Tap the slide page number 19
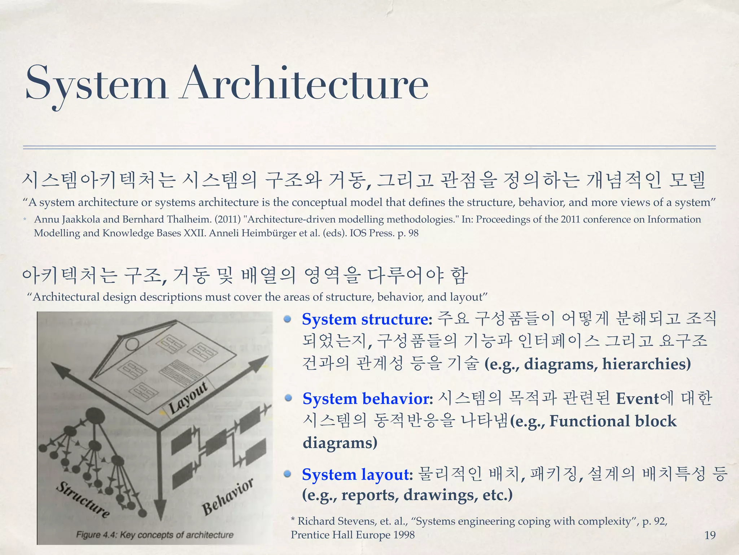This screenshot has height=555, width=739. click(710, 535)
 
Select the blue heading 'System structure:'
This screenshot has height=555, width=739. click(367, 319)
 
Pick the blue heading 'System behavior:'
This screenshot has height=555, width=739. click(368, 399)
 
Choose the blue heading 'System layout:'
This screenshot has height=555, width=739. click(357, 474)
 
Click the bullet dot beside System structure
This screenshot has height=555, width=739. click(288, 319)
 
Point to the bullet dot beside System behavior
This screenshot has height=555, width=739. click(288, 398)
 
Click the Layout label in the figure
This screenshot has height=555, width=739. click(188, 397)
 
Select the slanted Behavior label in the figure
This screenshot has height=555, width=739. click(228, 496)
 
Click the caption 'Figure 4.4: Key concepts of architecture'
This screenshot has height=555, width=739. click(155, 535)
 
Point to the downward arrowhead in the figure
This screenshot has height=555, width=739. click(160, 509)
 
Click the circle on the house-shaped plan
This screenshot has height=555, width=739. click(132, 344)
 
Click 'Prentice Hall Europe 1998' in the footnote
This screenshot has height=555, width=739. click(353, 535)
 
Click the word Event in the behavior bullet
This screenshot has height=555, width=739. click(637, 399)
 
